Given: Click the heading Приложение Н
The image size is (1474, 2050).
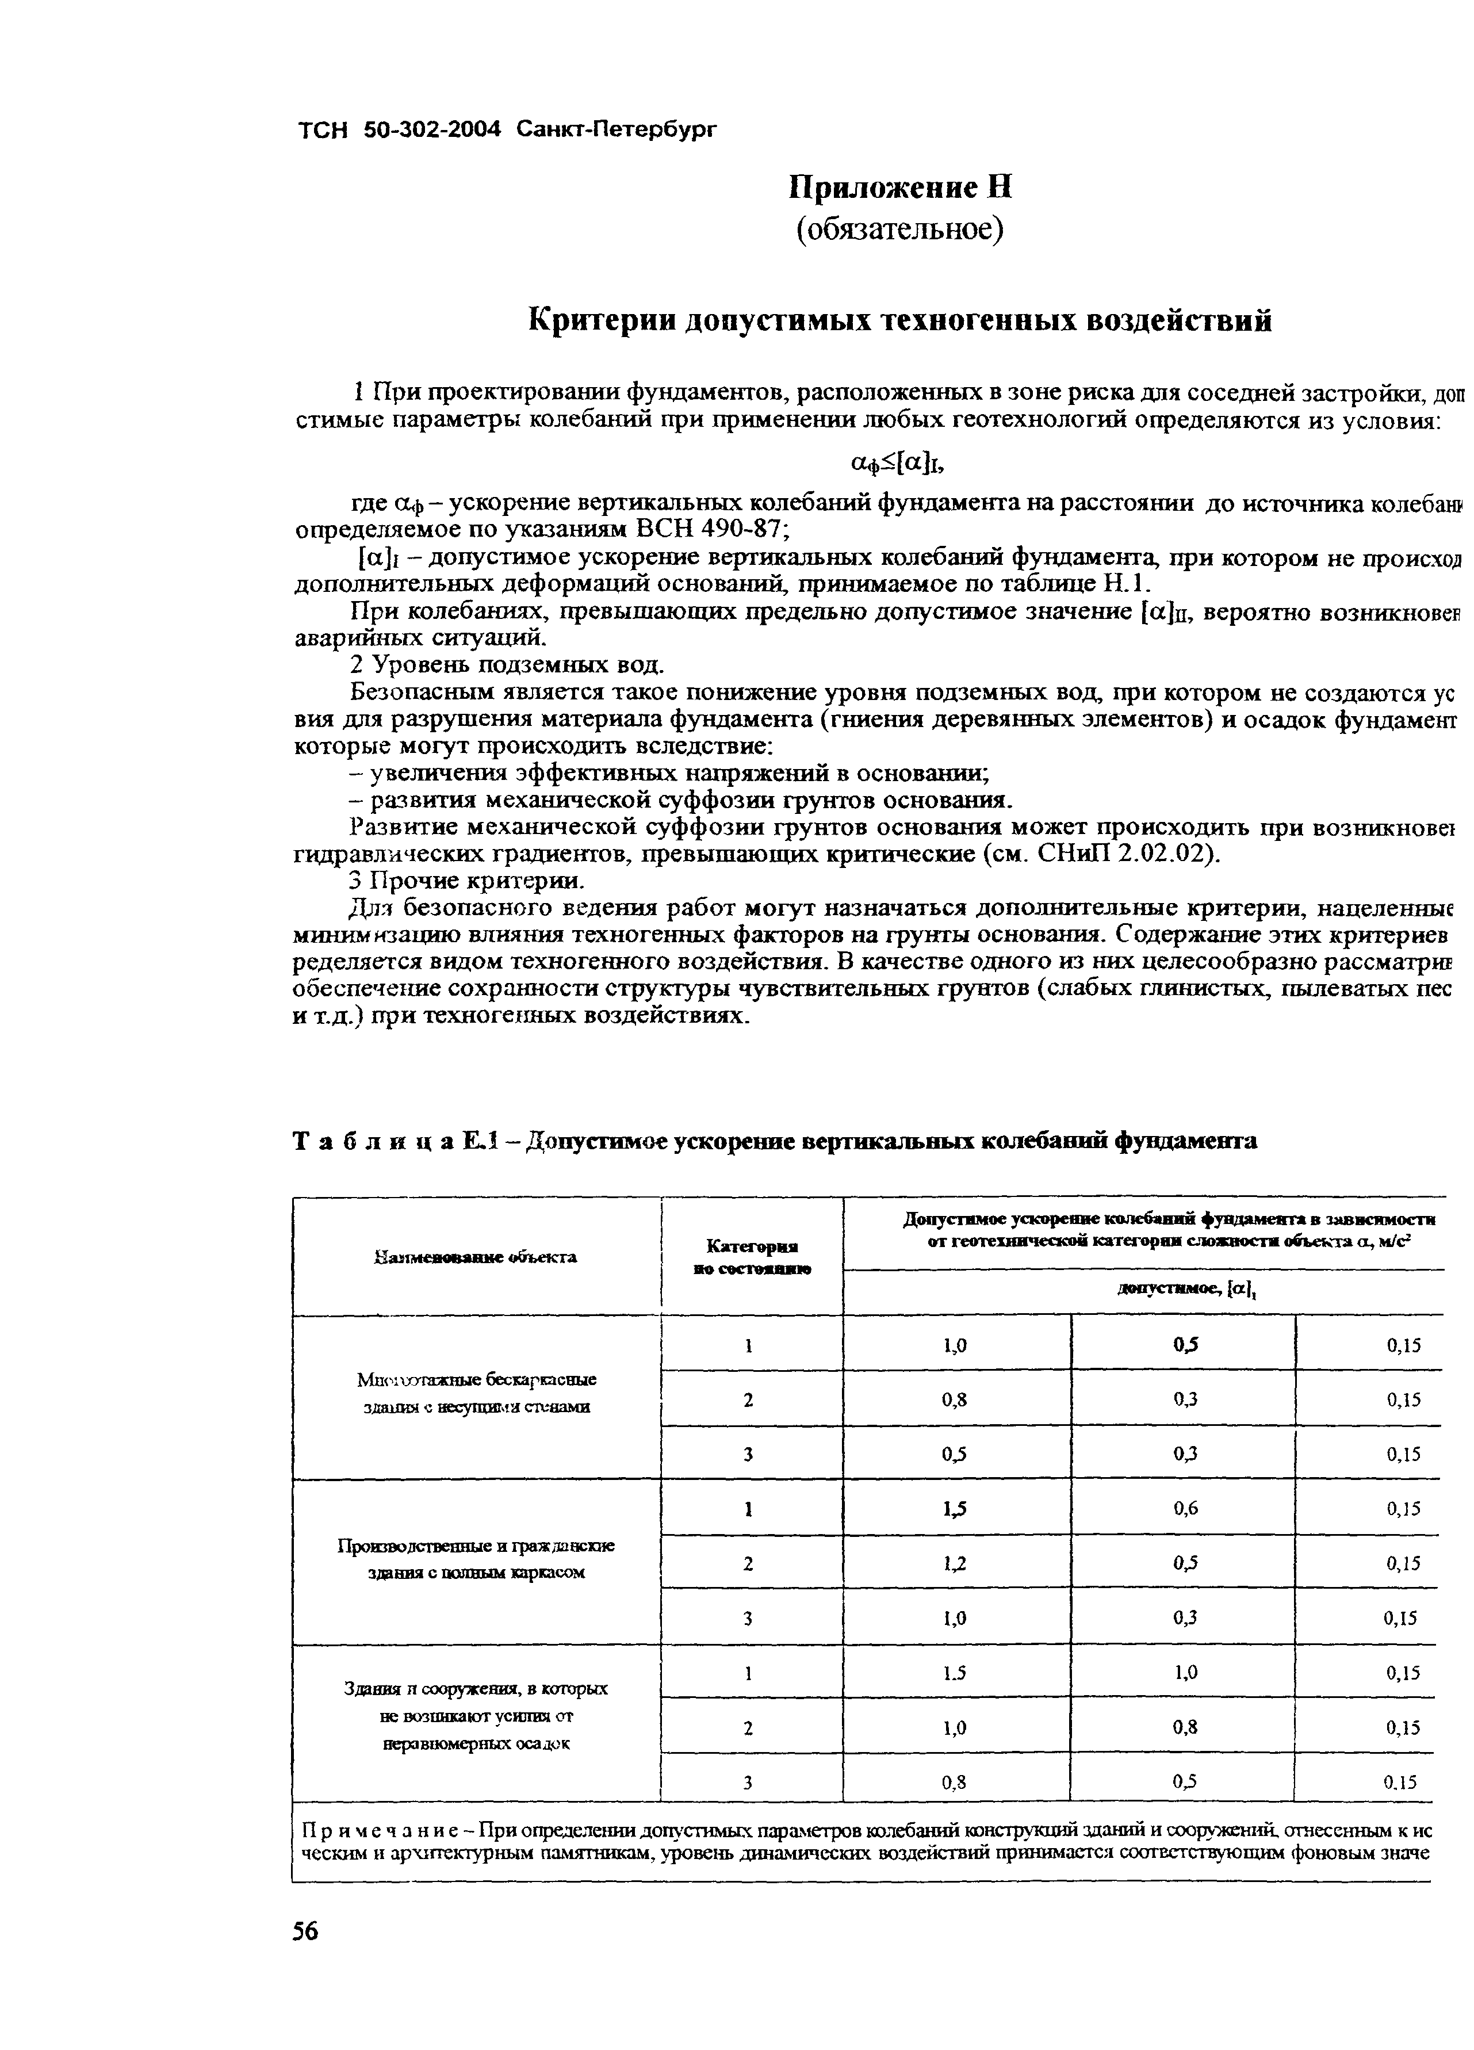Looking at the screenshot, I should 900,187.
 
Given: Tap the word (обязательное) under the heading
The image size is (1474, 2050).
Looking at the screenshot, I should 899,230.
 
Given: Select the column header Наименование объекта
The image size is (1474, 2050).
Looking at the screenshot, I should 476,1256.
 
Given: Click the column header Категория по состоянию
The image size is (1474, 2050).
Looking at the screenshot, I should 752,1256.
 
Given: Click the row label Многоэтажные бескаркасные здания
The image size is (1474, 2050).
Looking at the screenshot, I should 476,1393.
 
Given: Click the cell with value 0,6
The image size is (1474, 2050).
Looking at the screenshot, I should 1185,1508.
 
